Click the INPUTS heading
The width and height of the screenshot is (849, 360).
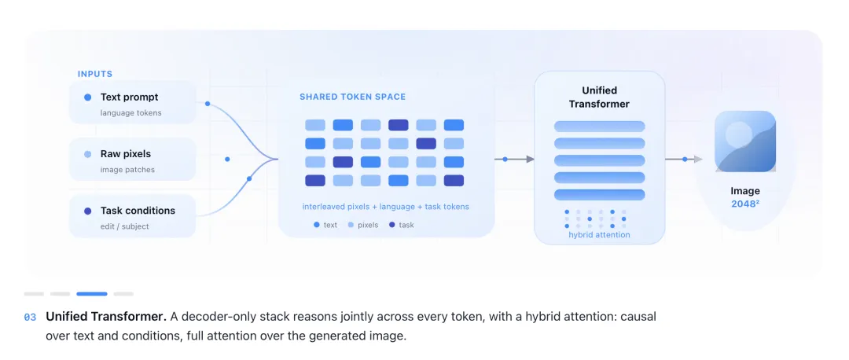[95, 74]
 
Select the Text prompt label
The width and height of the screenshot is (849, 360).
[130, 97]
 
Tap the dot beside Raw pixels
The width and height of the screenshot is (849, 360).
[88, 154]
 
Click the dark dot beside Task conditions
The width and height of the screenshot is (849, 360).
[88, 211]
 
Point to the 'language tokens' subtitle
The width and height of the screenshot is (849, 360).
[131, 113]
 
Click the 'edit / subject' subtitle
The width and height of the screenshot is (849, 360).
[124, 226]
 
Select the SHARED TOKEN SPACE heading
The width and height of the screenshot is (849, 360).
[352, 97]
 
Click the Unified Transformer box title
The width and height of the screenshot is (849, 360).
[599, 97]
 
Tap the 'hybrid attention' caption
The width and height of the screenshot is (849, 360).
[599, 235]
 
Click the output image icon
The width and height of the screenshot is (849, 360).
[745, 141]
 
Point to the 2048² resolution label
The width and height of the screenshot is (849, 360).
[745, 204]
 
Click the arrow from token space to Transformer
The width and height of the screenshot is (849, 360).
[514, 159]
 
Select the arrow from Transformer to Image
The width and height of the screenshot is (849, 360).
[684, 159]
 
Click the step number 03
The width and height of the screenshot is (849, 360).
[30, 318]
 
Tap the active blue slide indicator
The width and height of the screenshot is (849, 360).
[91, 294]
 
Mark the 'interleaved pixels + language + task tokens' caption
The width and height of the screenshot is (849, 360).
[385, 206]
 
